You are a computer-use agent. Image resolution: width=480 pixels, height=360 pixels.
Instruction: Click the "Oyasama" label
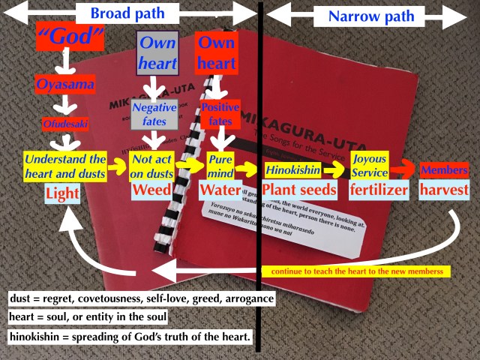(x=67, y=84)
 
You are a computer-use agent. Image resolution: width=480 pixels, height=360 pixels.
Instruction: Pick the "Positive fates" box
(x=220, y=113)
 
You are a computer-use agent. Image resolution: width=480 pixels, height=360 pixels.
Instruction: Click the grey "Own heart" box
(x=157, y=52)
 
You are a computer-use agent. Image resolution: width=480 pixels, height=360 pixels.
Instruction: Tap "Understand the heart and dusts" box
(x=65, y=166)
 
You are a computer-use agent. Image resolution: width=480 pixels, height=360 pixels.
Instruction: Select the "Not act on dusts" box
(x=152, y=166)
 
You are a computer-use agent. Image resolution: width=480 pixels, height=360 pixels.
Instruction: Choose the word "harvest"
(x=445, y=190)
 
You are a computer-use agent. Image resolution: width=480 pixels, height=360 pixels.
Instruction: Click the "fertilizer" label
(x=379, y=190)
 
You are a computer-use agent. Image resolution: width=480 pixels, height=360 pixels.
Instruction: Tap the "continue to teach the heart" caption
(x=355, y=271)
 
